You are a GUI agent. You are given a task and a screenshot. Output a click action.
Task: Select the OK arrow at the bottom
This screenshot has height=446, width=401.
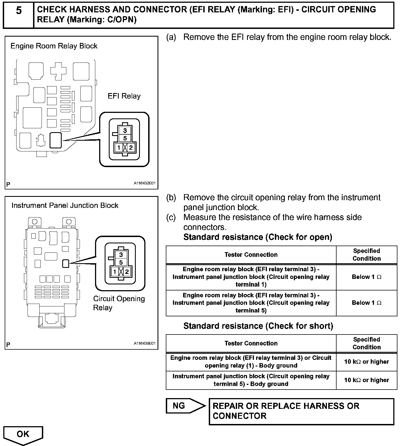[23, 434]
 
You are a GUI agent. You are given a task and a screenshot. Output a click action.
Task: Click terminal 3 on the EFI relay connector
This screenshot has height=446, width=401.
[125, 130]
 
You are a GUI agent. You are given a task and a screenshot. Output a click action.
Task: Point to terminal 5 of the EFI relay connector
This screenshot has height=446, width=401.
[125, 138]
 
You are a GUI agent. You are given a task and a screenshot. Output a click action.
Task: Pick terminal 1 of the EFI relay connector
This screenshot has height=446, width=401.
[119, 148]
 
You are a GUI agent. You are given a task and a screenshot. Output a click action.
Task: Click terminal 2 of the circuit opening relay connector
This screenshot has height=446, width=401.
[127, 272]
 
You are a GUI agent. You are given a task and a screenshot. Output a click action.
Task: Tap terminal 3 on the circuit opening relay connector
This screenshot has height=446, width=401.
[121, 255]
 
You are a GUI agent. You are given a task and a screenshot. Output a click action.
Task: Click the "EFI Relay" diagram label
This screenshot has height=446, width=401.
[124, 96]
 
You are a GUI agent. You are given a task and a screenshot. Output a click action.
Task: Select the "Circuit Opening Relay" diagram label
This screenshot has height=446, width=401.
[119, 303]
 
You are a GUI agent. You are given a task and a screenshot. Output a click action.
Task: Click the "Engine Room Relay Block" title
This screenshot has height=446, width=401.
[54, 46]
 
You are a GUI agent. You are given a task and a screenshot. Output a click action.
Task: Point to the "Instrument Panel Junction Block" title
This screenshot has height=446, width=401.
[65, 205]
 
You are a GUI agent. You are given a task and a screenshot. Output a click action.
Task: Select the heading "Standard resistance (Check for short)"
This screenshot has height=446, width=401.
[258, 326]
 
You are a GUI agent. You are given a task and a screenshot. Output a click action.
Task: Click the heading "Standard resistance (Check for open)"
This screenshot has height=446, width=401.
[258, 237]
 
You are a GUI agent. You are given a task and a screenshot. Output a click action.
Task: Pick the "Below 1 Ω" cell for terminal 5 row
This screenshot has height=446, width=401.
[366, 303]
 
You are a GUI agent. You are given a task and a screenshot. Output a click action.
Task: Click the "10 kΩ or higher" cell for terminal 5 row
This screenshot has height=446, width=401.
[366, 380]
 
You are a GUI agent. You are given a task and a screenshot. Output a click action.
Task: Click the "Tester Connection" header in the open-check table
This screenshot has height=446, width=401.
[251, 255]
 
